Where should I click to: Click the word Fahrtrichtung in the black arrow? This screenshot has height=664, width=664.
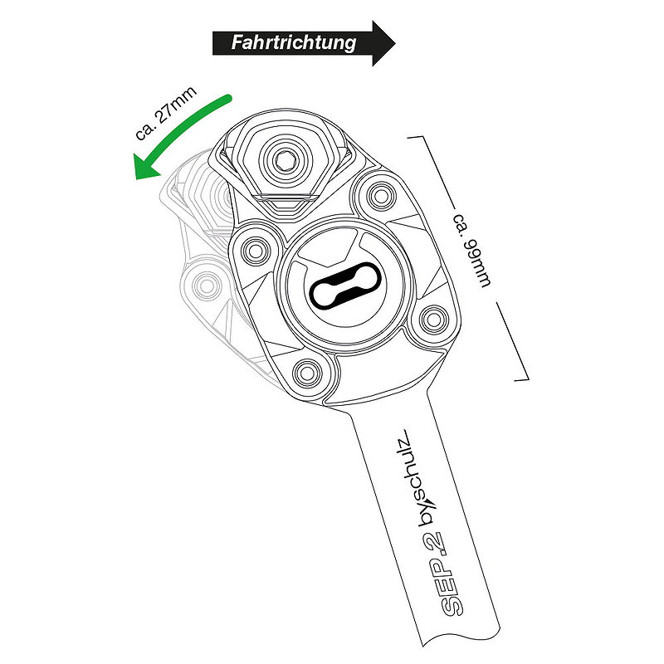tap(294, 43)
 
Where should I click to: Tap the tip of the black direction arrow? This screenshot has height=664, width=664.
tap(395, 43)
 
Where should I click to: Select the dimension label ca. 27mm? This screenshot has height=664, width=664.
tap(166, 113)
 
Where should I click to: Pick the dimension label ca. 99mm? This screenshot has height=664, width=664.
tap(472, 251)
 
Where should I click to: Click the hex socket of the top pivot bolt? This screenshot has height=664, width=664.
tap(283, 160)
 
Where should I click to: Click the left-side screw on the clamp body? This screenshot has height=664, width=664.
tap(255, 251)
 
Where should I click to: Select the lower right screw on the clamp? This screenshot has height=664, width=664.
tap(434, 319)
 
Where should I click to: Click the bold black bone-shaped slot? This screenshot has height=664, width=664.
tap(345, 283)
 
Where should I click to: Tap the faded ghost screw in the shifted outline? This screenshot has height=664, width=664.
tap(206, 286)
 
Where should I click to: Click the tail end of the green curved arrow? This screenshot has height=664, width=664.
tap(229, 99)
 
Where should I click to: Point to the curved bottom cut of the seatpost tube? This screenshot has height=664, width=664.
tap(460, 634)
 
